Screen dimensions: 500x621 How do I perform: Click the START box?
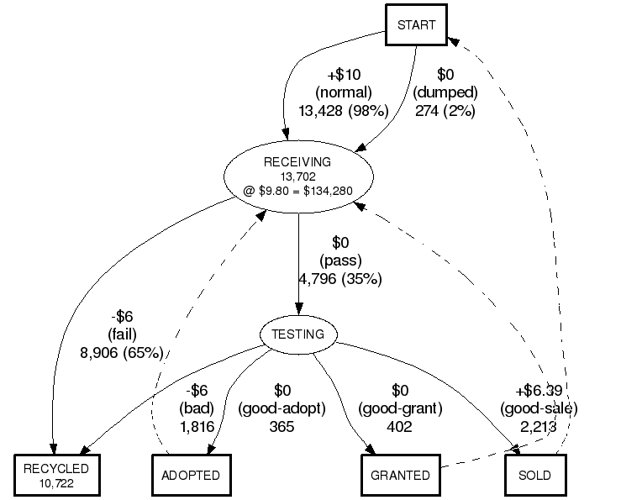click(x=416, y=24)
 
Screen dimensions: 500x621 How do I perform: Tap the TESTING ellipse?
click(x=298, y=334)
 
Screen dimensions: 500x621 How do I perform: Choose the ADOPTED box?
click(x=191, y=476)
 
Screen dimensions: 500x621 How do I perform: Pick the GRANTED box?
click(x=401, y=476)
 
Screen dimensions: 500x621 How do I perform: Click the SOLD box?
click(x=535, y=476)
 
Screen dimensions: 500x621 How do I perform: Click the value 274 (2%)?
click(x=445, y=110)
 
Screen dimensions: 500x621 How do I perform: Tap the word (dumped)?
click(x=445, y=92)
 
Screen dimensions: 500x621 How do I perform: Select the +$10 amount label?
click(x=343, y=74)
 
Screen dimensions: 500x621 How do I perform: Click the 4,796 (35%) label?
click(x=340, y=279)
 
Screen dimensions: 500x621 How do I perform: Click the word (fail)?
click(x=123, y=334)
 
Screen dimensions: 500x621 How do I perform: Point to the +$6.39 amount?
click(x=539, y=391)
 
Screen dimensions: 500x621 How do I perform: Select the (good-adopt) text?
click(x=282, y=408)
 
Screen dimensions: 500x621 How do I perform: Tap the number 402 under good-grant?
click(x=400, y=427)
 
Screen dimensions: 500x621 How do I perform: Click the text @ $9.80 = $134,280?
click(x=298, y=191)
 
